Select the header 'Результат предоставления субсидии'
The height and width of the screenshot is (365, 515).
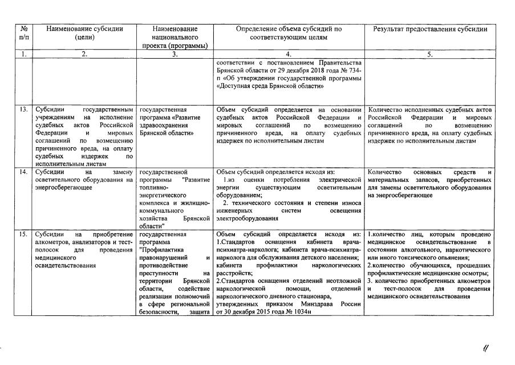click(430, 29)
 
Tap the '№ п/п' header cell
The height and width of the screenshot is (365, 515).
click(23, 33)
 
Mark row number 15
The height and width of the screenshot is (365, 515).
click(23, 234)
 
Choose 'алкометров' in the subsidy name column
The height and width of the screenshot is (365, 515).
click(51, 242)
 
